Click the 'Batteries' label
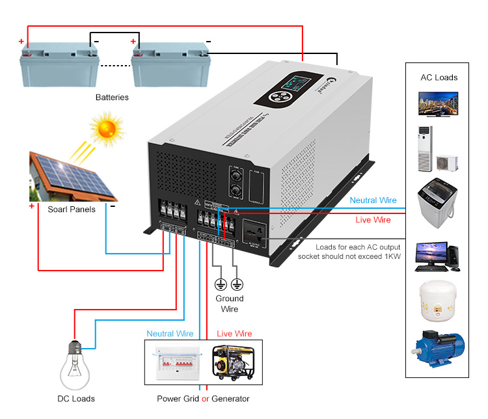pos(112,98)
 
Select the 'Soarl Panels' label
pos(72,209)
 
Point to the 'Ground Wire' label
pos(229,304)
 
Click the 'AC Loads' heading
pos(439,77)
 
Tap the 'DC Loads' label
pos(75,399)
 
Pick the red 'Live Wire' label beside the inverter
pos(373,220)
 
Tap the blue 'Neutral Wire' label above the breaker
pos(170,334)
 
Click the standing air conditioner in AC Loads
pos(424,150)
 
